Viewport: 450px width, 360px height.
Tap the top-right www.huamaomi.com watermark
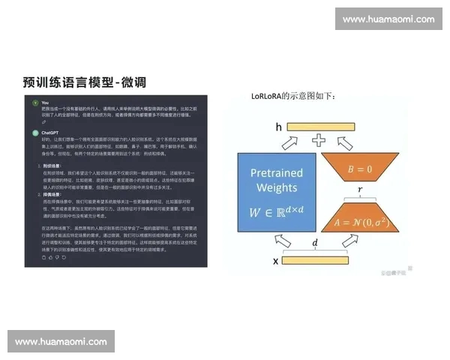click(388, 19)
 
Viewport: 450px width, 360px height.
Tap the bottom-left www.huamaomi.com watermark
click(61, 341)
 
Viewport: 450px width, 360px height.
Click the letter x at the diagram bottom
click(275, 260)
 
